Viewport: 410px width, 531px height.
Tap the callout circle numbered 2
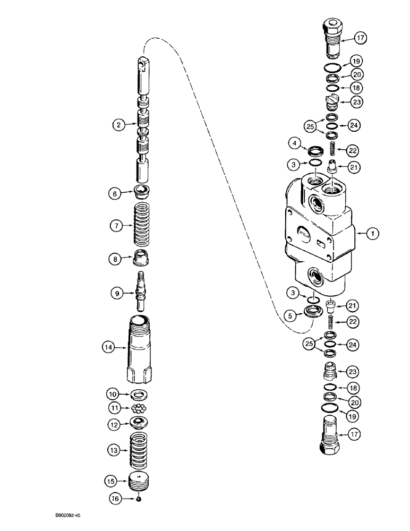tap(117, 125)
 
